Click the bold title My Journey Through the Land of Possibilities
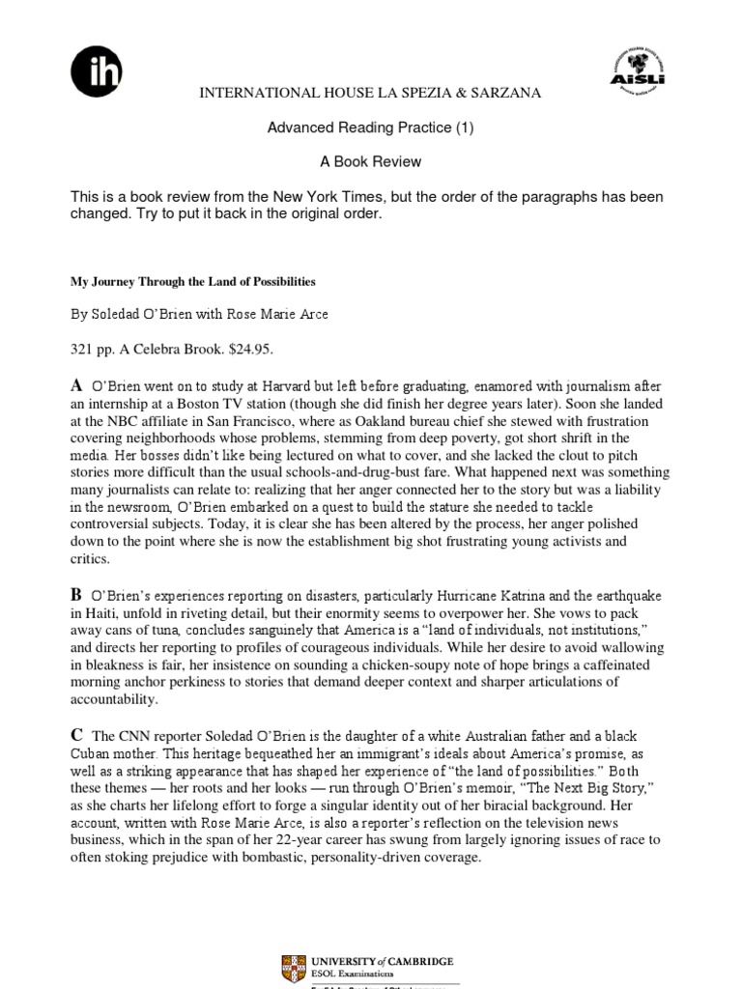pyautogui.click(x=193, y=282)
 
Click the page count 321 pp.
pyautogui.click(x=93, y=347)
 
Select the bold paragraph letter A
pyautogui.click(x=76, y=384)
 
